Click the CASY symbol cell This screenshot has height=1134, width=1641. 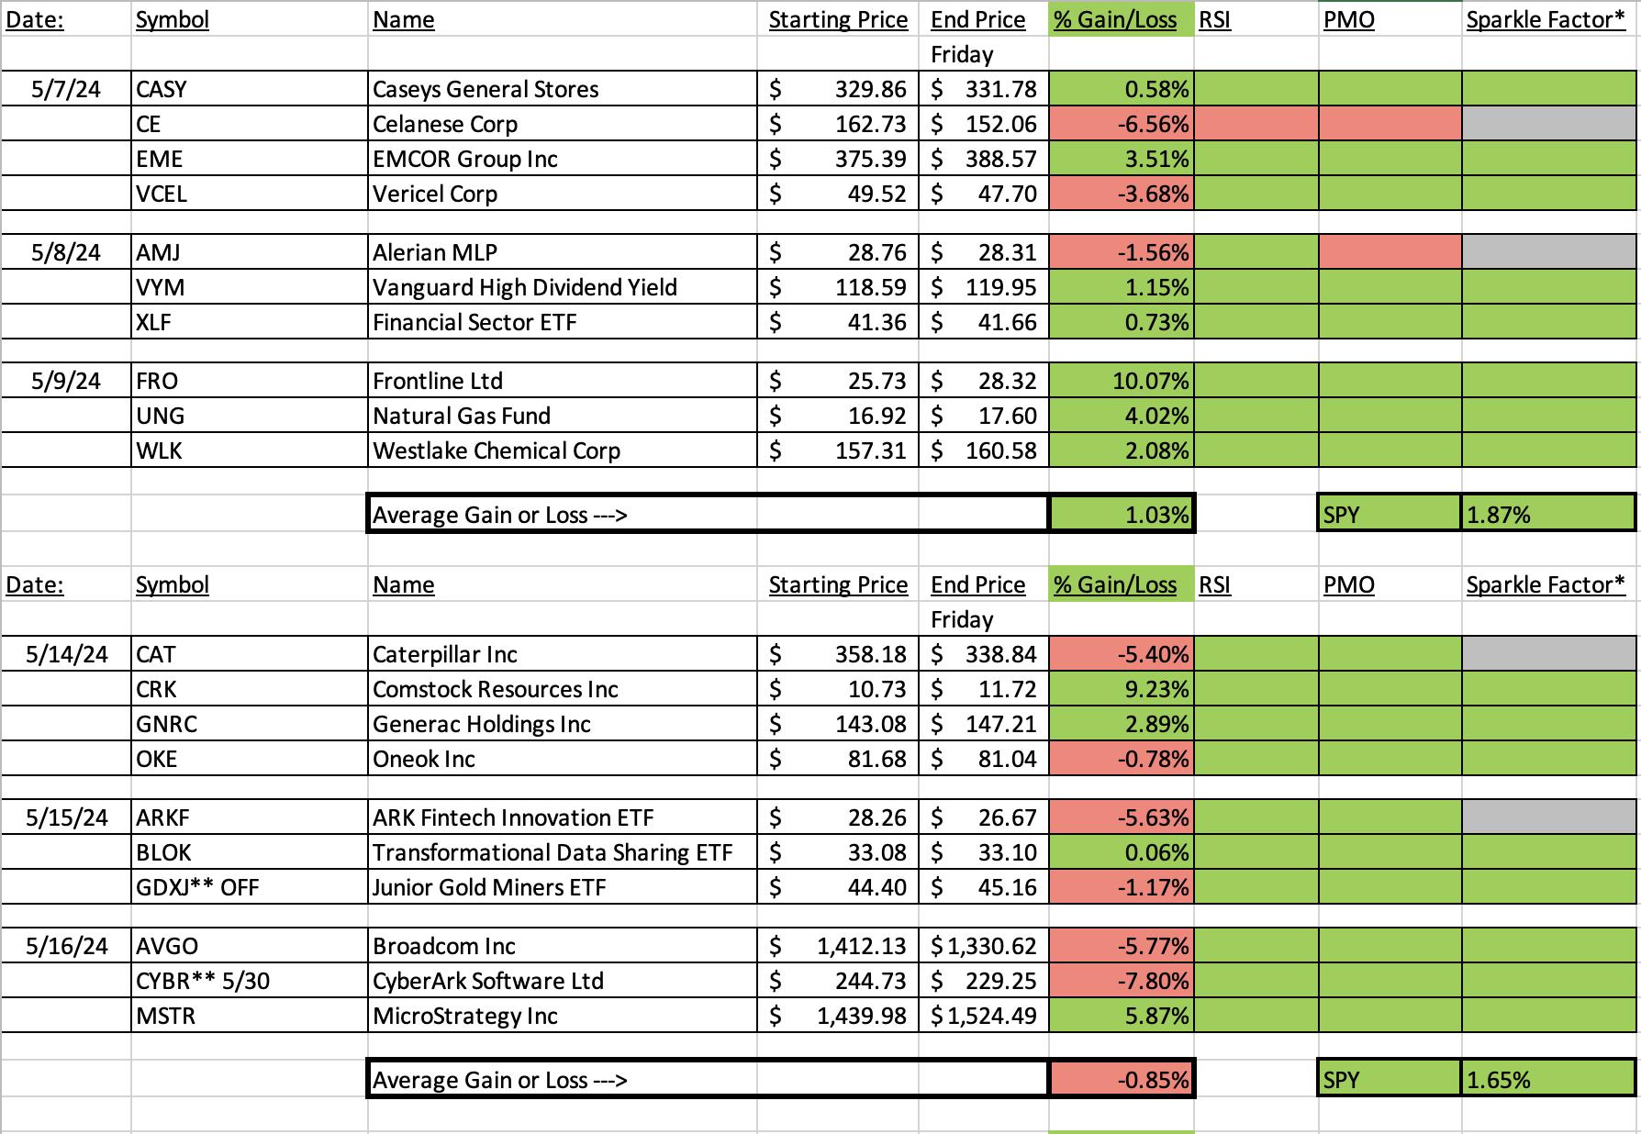[x=249, y=89]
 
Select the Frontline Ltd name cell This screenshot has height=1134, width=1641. [x=563, y=381]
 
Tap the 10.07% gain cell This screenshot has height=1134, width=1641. [x=1122, y=381]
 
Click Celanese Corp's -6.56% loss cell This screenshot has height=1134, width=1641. [x=1122, y=124]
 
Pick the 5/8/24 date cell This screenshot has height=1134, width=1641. [x=66, y=252]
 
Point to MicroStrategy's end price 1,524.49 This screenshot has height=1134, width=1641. [x=984, y=1016]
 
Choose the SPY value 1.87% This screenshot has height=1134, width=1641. [x=1548, y=515]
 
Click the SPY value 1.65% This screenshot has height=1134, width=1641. [x=1548, y=1080]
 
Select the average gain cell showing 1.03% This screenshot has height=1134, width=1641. [x=1122, y=515]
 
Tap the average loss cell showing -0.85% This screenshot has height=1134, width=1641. [x=1122, y=1080]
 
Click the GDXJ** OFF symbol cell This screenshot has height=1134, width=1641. [x=249, y=887]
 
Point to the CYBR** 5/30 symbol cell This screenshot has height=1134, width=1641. [x=249, y=981]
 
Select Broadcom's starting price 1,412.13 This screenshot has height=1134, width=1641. [x=838, y=946]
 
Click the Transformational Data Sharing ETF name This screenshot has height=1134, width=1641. [x=553, y=852]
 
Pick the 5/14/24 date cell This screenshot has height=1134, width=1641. [x=66, y=654]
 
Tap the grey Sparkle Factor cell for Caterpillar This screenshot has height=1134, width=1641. [x=1548, y=654]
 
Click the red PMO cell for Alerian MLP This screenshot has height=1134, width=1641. [x=1390, y=252]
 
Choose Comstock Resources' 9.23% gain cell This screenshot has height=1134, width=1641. [x=1122, y=689]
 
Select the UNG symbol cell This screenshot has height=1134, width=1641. [x=249, y=416]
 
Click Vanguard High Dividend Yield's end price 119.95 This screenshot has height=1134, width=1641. [x=984, y=287]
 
